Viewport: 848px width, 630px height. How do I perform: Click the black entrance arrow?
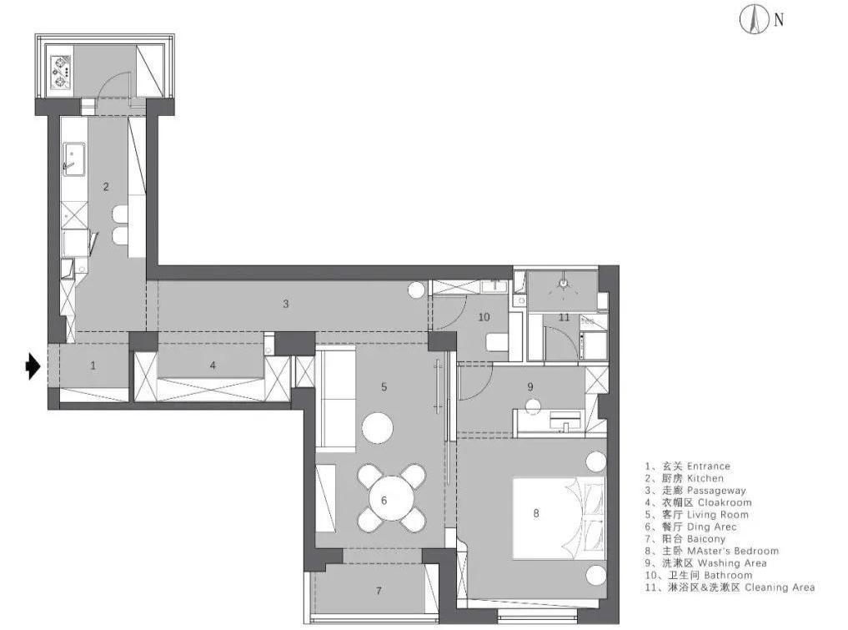(x=33, y=366)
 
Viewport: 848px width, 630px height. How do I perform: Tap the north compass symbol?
(x=754, y=20)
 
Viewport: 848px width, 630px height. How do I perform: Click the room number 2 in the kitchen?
(x=106, y=187)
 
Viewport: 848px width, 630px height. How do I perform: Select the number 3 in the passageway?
(x=286, y=304)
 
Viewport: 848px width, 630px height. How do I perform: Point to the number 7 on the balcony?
(x=379, y=591)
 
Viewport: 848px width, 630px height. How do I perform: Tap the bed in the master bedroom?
(x=559, y=517)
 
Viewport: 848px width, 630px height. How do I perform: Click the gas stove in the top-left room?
(x=61, y=72)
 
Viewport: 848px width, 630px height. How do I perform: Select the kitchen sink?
(x=73, y=159)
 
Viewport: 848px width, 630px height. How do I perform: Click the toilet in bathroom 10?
(x=497, y=342)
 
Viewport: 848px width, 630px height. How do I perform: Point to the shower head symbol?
(x=564, y=284)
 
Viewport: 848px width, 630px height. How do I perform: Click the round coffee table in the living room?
(x=378, y=429)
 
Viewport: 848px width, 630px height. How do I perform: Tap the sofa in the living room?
(x=335, y=400)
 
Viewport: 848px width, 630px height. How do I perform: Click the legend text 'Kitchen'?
(x=705, y=478)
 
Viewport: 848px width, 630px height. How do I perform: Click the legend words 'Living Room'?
(x=718, y=515)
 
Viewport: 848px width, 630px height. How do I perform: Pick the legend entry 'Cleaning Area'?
(x=780, y=587)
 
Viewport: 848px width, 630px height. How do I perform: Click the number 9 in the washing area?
(x=530, y=386)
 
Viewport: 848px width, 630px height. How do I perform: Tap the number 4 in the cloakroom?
(x=213, y=365)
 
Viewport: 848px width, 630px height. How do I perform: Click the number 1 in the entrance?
(x=93, y=365)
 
